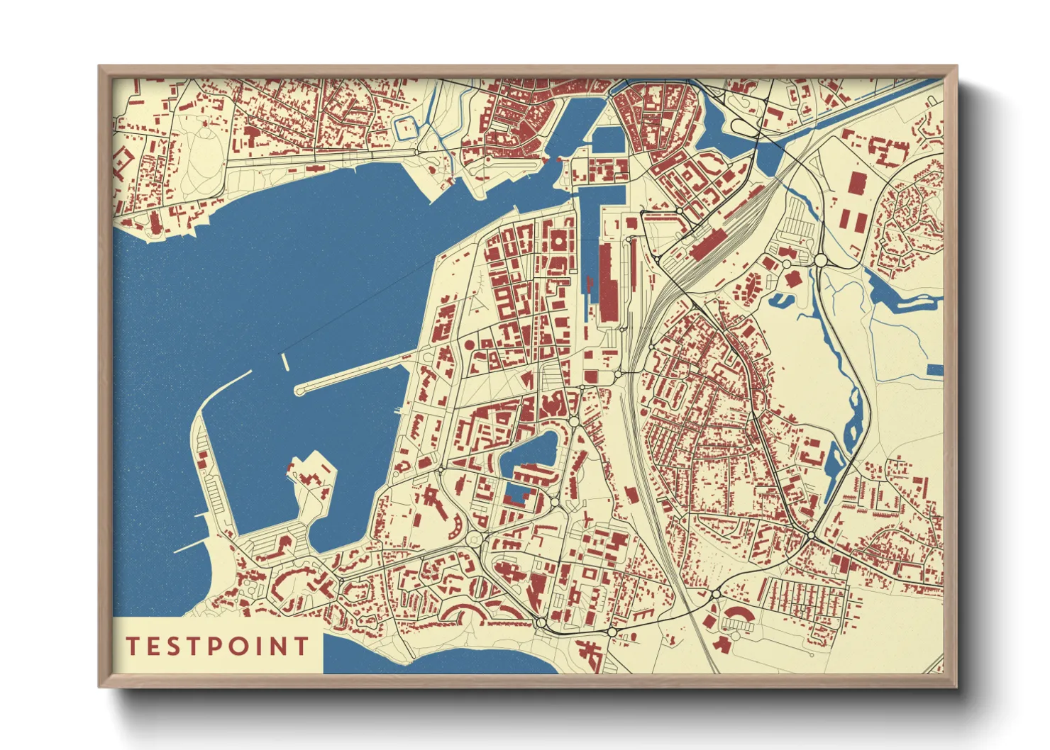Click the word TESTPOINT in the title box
217,646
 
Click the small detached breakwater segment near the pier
285,362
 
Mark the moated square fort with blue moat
406,128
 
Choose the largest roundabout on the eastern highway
821,261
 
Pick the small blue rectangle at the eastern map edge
935,369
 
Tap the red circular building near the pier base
469,345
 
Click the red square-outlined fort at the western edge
121,162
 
